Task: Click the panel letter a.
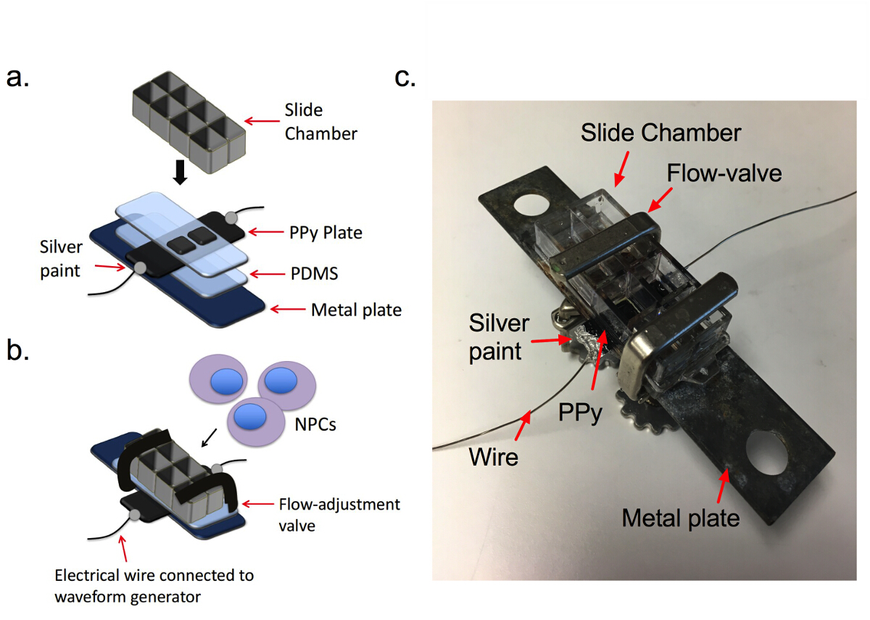coord(17,78)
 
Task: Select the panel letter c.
coord(405,78)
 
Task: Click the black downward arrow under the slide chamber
coord(180,173)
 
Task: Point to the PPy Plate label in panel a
coord(326,233)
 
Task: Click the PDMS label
coord(314,273)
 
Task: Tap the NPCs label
coord(315,424)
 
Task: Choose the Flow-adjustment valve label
coord(339,515)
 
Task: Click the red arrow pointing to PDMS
coord(268,274)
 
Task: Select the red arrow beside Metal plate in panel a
coord(288,309)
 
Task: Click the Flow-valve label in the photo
coord(724,173)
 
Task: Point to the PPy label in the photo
coord(580,413)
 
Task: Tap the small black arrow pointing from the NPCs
coord(209,437)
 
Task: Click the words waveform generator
coord(128,597)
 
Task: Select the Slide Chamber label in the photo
coord(660,133)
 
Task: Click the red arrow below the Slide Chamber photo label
coord(621,168)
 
